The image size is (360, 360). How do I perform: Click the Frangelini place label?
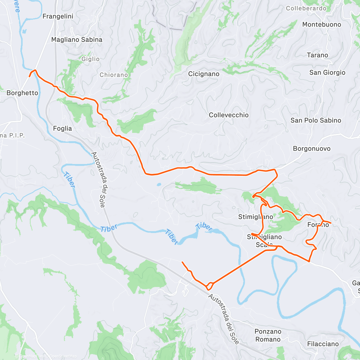[x=58, y=16]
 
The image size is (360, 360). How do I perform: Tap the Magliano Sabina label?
[x=76, y=40]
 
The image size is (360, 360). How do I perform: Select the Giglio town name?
[x=90, y=59]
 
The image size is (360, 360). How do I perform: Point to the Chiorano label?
[x=114, y=75]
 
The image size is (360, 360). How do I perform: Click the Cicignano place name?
[x=204, y=74]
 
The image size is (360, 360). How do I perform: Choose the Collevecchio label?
[x=229, y=115]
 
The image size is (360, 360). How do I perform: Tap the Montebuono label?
[x=322, y=25]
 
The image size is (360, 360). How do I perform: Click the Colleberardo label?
[x=306, y=8]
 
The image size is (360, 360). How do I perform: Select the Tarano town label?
[x=317, y=55]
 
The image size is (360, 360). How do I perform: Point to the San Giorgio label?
[x=327, y=73]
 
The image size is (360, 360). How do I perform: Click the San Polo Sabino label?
[x=316, y=121]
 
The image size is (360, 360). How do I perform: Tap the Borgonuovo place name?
[x=312, y=149]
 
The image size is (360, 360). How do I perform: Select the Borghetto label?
[x=22, y=93]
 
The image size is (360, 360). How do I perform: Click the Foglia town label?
[x=62, y=129]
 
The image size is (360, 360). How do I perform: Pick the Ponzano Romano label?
[x=268, y=335]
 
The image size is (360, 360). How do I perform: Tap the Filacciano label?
[x=323, y=344]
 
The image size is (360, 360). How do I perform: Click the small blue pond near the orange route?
[x=159, y=184]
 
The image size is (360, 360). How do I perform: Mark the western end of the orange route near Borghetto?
[x=29, y=76]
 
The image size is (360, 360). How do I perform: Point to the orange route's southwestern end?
[x=182, y=262]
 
